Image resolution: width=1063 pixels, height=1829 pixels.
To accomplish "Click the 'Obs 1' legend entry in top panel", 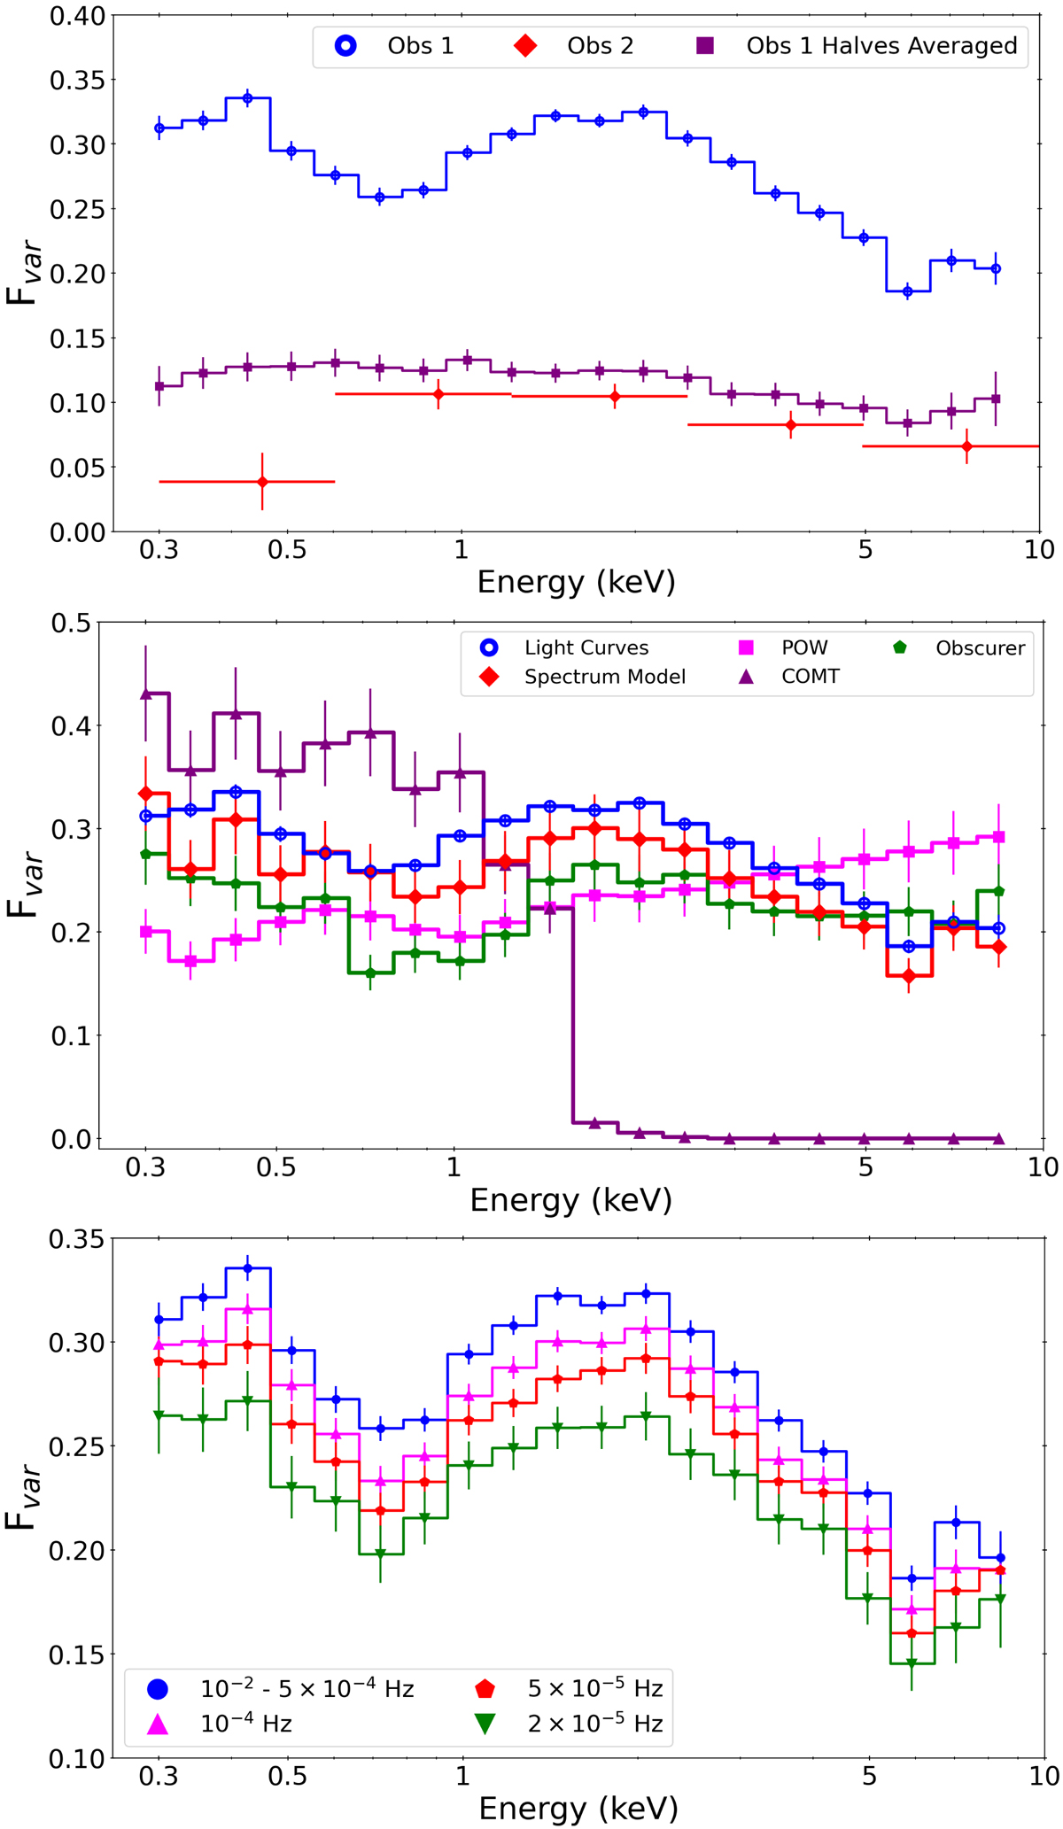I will (x=420, y=46).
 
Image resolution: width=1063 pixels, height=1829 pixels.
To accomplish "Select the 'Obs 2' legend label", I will (x=600, y=46).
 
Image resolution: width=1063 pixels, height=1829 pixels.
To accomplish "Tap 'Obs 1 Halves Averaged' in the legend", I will (x=881, y=46).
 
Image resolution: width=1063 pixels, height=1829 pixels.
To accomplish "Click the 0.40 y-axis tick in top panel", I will (x=81, y=16).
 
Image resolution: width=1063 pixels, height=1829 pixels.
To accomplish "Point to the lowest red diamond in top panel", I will (x=262, y=482).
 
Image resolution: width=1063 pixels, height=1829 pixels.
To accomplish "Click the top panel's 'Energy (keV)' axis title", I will (x=576, y=582).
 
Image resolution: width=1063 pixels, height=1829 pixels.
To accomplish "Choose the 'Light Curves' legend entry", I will (x=586, y=648).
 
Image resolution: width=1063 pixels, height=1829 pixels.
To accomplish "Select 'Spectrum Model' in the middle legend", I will (x=604, y=678).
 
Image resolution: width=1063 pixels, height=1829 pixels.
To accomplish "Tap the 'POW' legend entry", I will (x=803, y=648).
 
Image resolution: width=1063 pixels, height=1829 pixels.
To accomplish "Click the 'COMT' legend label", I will (x=810, y=678).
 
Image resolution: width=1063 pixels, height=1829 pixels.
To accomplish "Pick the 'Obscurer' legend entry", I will (x=980, y=648).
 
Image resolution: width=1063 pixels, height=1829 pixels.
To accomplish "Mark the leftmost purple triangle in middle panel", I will (x=146, y=694).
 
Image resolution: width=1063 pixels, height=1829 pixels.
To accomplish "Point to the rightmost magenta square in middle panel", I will (x=998, y=837).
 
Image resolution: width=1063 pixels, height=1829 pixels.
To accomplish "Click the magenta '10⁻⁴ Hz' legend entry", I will (x=246, y=1724).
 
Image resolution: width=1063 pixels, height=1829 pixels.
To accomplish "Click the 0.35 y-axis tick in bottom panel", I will (x=81, y=1239).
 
